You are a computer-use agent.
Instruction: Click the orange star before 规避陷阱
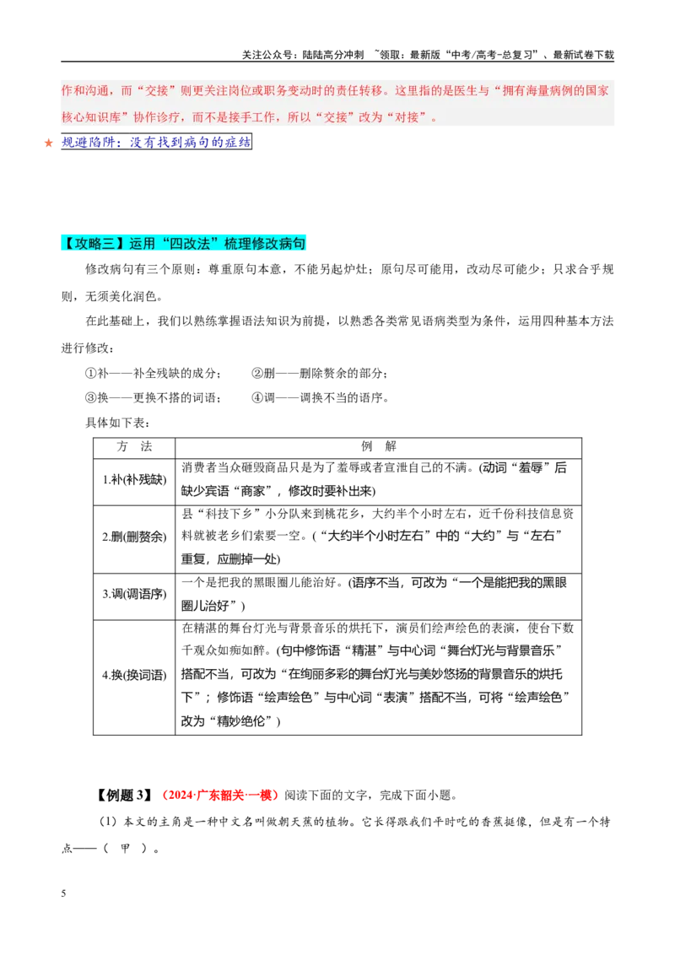(49, 143)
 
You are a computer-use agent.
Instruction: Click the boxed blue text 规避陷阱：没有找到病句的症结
(157, 142)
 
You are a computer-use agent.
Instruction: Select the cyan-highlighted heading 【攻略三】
(94, 244)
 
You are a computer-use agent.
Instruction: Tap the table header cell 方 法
(134, 447)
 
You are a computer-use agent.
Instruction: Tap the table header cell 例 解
(378, 447)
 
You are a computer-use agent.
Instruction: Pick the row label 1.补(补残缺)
(134, 480)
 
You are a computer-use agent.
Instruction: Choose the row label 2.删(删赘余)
(134, 537)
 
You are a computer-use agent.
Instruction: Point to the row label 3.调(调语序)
(134, 595)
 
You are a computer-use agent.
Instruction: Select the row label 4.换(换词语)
(134, 676)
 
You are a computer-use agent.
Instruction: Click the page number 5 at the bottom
(63, 893)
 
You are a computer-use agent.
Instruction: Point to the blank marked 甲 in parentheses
(126, 849)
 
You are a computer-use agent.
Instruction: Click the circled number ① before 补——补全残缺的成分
(91, 374)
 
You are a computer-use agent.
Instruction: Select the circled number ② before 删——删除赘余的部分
(257, 374)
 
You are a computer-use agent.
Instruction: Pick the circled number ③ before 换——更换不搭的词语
(91, 398)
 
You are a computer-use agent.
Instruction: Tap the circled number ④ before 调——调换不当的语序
(257, 398)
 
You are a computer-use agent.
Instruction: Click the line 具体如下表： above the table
(117, 423)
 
